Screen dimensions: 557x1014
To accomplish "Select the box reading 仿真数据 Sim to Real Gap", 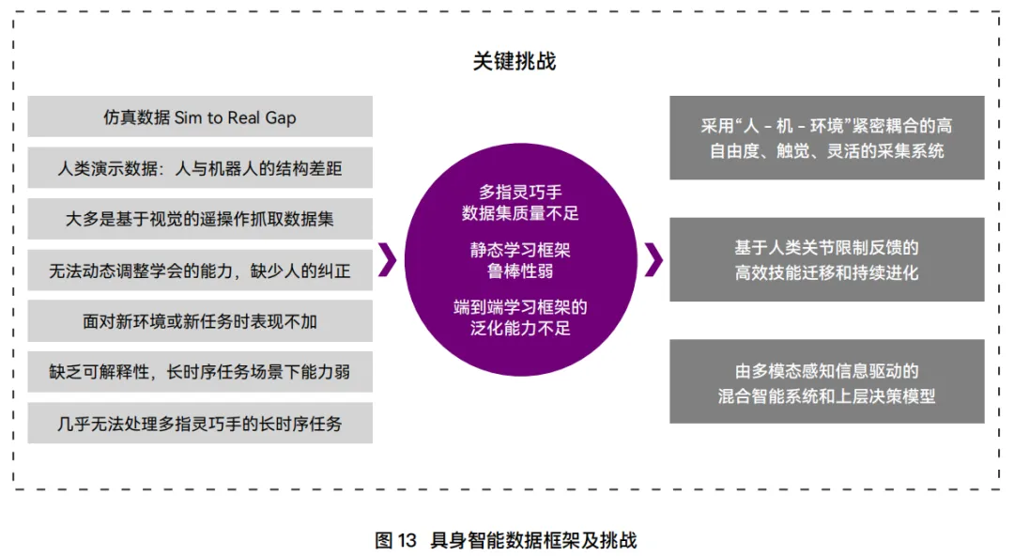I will (x=200, y=116).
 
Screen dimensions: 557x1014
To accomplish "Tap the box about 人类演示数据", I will (x=200, y=168).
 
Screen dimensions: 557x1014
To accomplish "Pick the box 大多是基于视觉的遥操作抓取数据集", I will (x=200, y=219).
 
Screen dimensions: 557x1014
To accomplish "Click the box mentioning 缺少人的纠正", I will (x=200, y=271).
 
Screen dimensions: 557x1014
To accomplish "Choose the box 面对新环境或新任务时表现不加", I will (x=200, y=321).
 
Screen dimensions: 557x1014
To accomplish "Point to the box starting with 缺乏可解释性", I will (x=200, y=372).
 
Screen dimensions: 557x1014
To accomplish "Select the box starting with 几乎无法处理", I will (x=200, y=423).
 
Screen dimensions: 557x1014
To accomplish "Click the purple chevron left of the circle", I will (x=387, y=260).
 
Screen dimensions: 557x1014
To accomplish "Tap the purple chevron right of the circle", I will (x=653, y=260).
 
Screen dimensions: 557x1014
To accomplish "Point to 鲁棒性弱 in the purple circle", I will (x=520, y=271).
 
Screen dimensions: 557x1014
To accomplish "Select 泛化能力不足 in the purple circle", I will (x=520, y=328).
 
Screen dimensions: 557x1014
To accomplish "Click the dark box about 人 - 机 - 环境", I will (x=826, y=137).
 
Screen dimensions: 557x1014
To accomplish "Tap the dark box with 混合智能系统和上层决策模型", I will (x=826, y=382).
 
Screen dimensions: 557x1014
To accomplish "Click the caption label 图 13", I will (x=395, y=540).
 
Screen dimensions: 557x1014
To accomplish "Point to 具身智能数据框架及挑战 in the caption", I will (x=533, y=540).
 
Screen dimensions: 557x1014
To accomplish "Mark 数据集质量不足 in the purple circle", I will (x=520, y=213).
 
